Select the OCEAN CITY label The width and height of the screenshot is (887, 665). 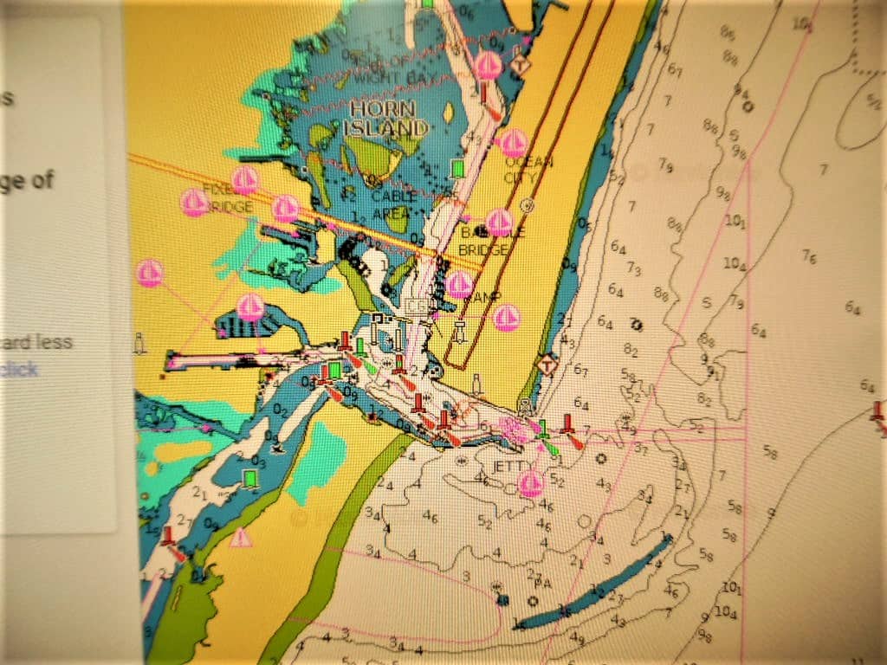pos(527,170)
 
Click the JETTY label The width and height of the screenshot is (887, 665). pos(509,466)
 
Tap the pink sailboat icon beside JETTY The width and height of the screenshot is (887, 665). pos(531,484)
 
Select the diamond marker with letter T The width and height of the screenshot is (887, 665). pos(547,364)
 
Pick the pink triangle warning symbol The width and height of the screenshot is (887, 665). pos(241,538)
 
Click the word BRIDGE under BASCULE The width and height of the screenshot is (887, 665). pos(482,251)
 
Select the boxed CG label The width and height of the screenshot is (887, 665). pos(417,306)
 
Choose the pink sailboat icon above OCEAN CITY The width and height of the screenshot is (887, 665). pos(515,143)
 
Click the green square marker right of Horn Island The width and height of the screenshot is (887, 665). pos(458,168)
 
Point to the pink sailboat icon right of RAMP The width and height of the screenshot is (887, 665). pos(507,318)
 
